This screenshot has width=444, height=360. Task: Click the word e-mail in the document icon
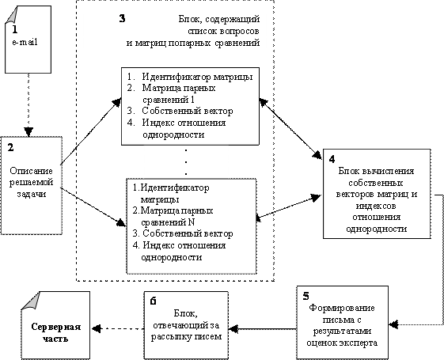pos(25,43)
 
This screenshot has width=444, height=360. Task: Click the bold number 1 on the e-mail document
pos(14,29)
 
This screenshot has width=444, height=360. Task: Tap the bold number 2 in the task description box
pos(10,147)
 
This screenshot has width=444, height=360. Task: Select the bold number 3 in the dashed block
pos(122,18)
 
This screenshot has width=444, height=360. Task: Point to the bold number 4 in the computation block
pos(332,159)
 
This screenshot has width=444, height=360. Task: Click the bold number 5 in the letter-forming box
pos(305,296)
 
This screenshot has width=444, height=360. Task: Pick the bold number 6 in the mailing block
pos(153,301)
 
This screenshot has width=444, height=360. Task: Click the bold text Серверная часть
pos(55,333)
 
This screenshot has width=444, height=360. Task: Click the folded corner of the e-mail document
pos(11,15)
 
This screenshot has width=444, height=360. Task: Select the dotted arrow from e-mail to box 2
pos(28,104)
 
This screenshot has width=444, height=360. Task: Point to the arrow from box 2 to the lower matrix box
pos(93,207)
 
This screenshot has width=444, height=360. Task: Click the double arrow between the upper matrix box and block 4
pos(290,128)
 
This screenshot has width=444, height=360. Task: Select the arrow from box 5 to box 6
pos(263,329)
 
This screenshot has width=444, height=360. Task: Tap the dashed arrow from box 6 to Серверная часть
pos(118,329)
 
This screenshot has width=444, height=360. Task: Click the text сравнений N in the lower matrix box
pos(168,222)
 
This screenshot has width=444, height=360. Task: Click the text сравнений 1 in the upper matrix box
pos(169,100)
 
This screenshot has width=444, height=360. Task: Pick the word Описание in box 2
pos(31,171)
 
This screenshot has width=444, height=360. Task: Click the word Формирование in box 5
pos(342,308)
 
